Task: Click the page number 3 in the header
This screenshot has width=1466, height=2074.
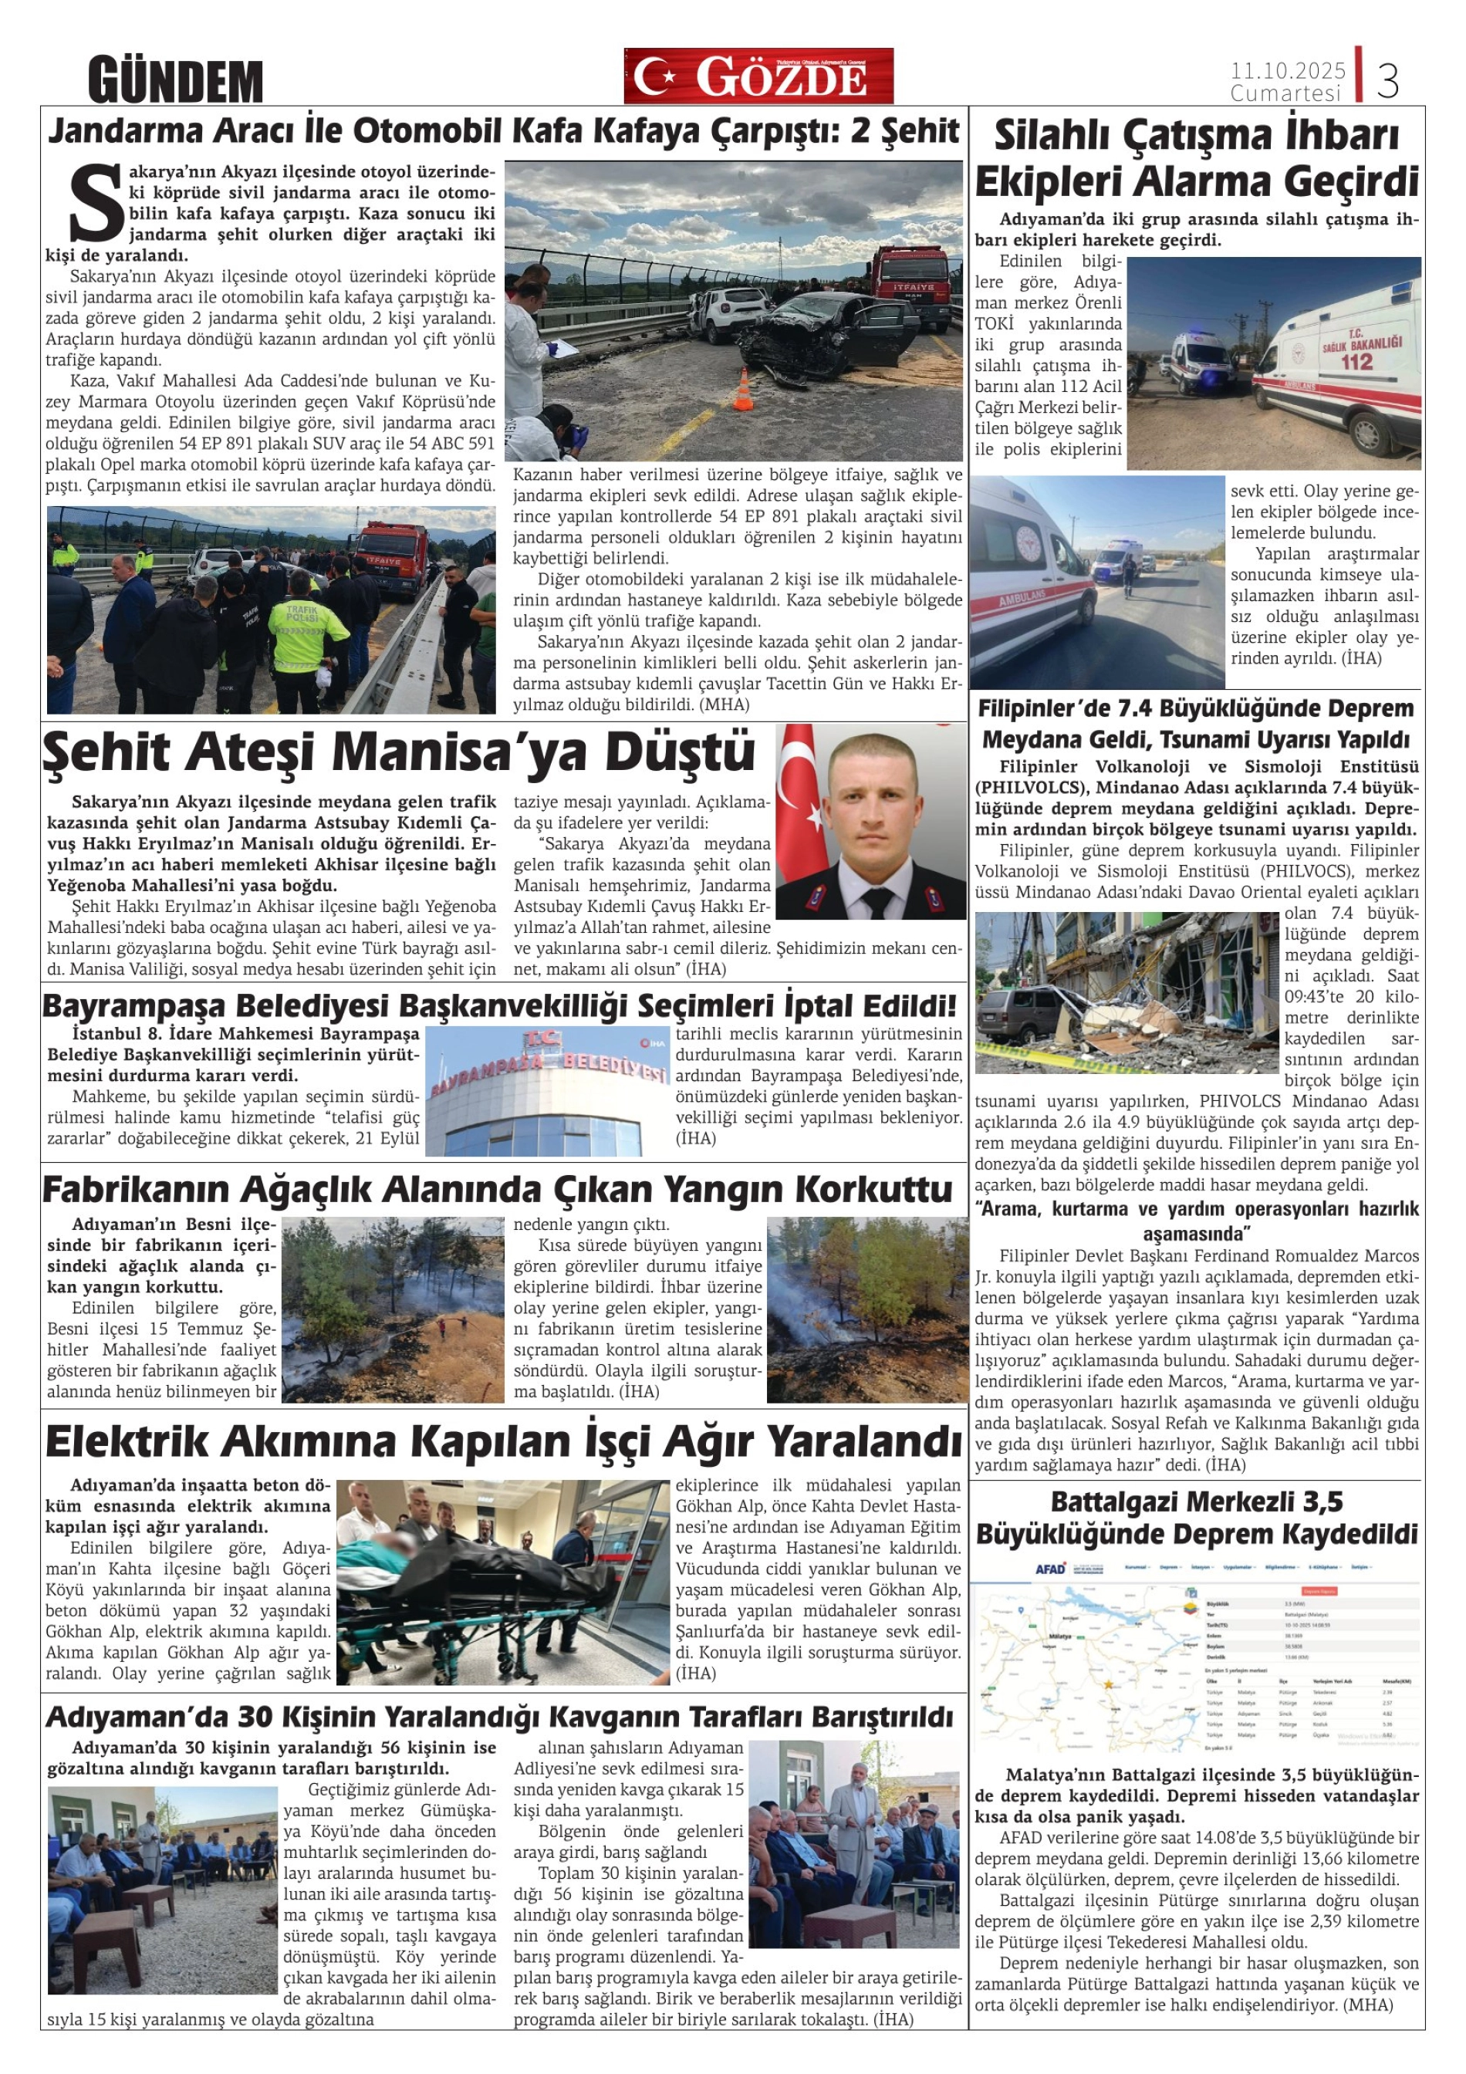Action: click(1388, 79)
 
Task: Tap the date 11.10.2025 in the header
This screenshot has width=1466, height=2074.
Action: click(1288, 70)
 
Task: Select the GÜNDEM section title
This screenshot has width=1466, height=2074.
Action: click(175, 80)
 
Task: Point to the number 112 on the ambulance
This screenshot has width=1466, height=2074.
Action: click(1356, 361)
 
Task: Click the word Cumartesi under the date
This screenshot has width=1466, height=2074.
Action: click(1285, 93)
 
